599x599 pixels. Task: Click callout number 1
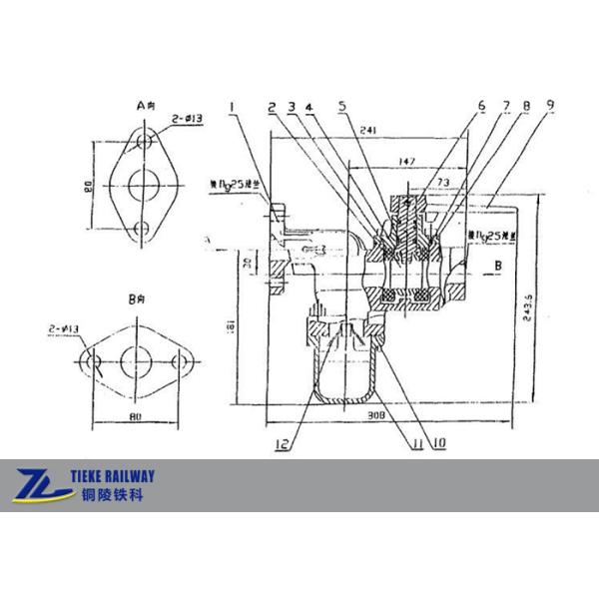pyautogui.click(x=231, y=104)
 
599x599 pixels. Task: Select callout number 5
pyautogui.click(x=342, y=104)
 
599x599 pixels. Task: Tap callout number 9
pyautogui.click(x=548, y=104)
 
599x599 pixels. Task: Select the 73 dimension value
pyautogui.click(x=445, y=183)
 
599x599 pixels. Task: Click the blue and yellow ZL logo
pyautogui.click(x=41, y=485)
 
